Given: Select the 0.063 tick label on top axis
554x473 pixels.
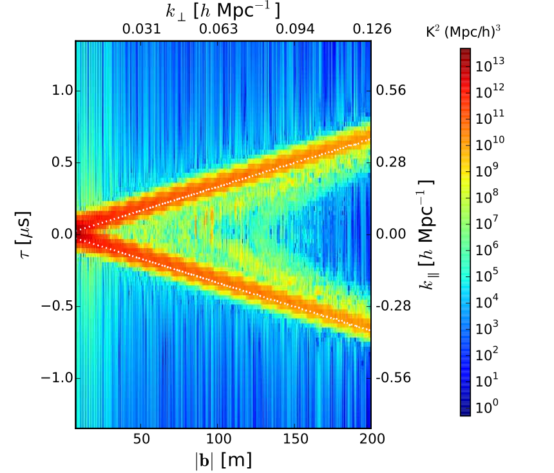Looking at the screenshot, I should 218,30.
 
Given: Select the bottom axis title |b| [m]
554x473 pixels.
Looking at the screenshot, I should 223,460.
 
